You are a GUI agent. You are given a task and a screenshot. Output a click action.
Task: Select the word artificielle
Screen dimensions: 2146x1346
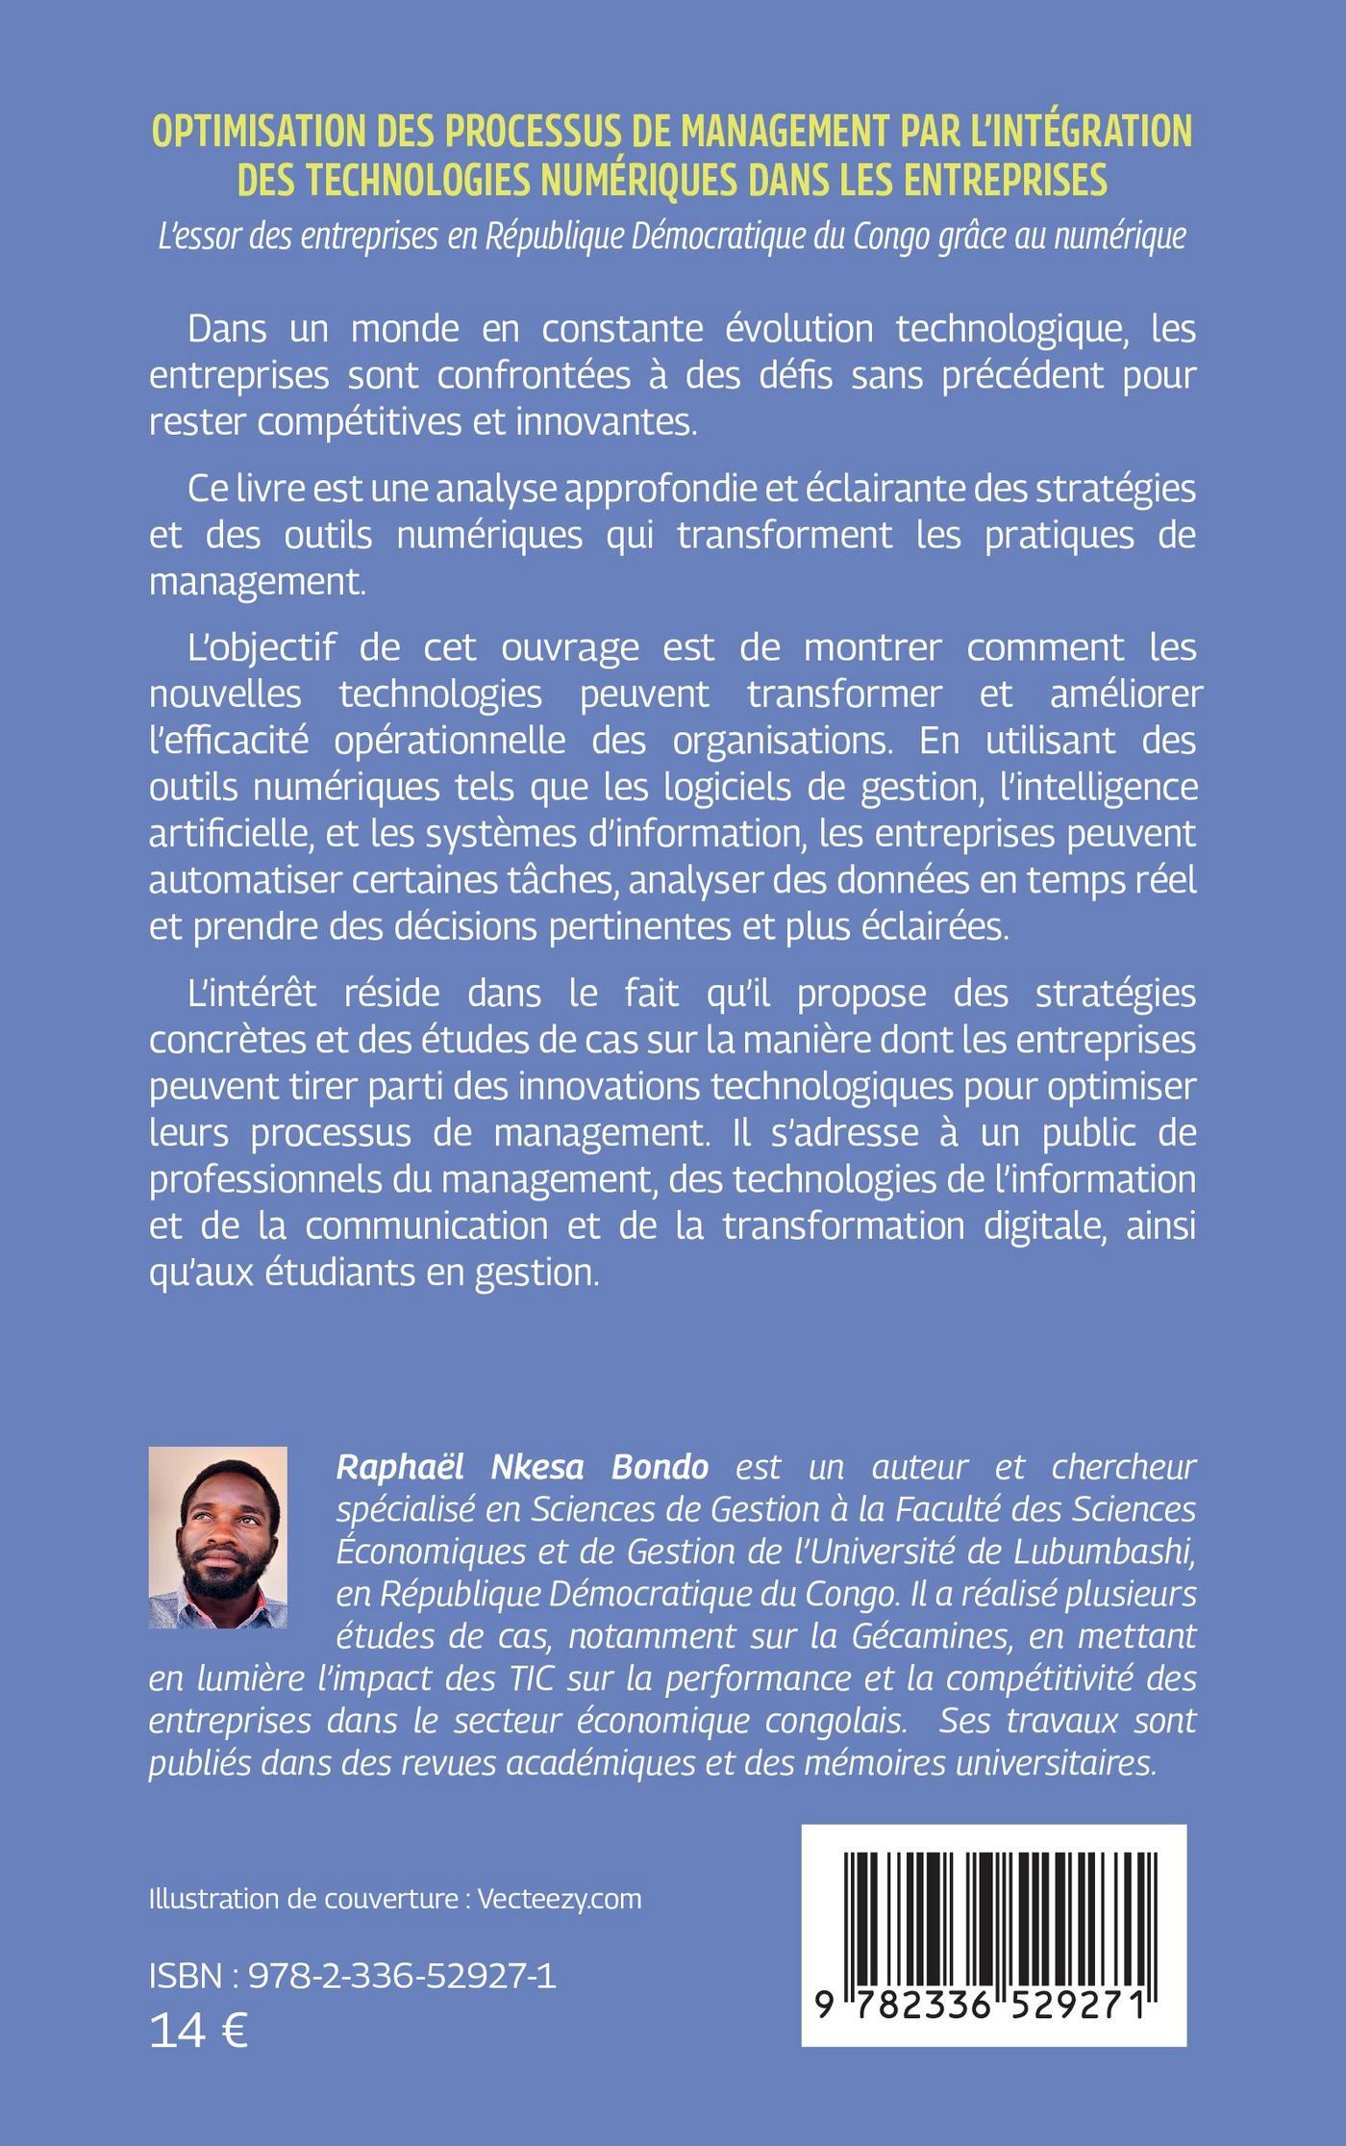pos(225,833)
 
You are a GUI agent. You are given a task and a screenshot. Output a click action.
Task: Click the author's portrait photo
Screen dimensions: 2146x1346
pos(218,1536)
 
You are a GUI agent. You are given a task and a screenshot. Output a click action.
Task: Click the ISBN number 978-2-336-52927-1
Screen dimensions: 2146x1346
pos(402,1977)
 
